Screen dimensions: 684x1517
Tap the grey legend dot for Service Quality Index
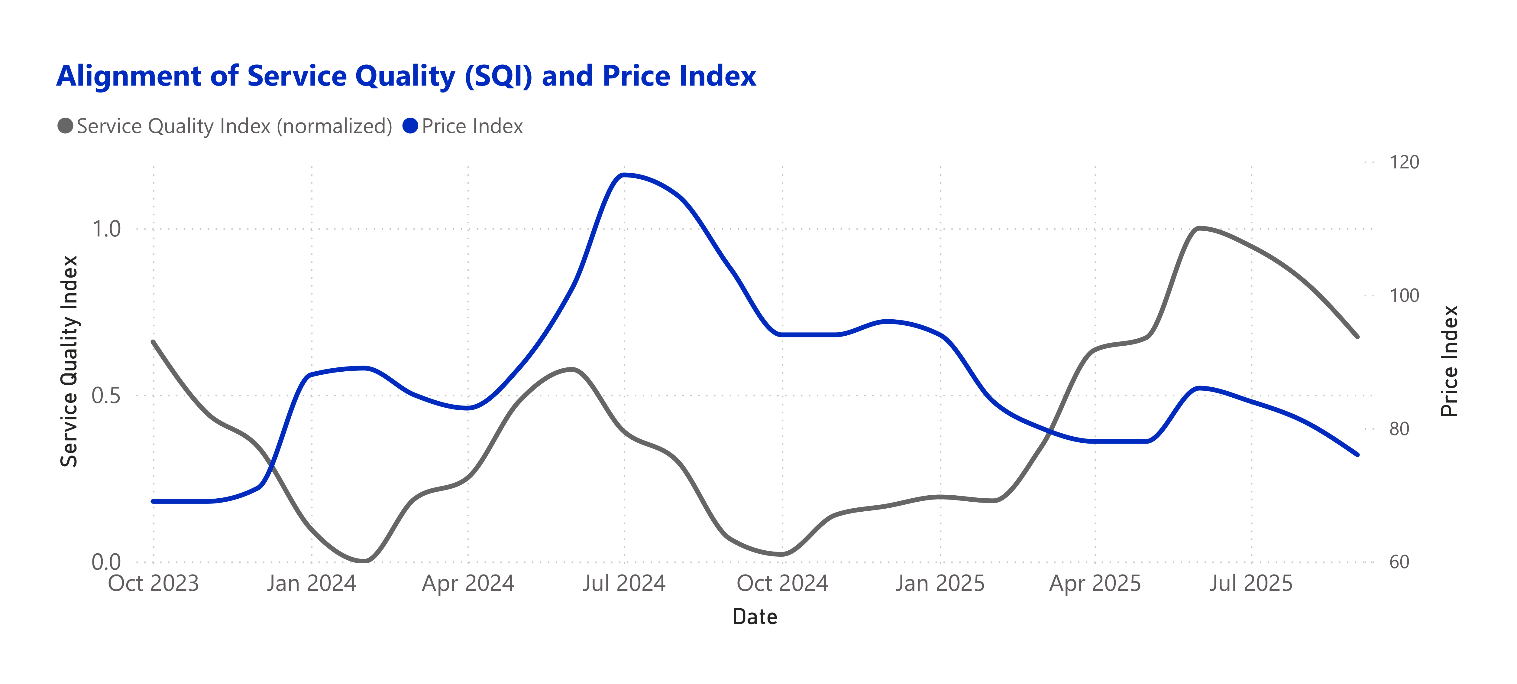coord(65,126)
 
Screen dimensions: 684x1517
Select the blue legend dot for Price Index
coord(410,126)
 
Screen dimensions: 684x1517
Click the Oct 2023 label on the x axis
coord(154,583)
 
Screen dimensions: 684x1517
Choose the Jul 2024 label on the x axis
coord(624,583)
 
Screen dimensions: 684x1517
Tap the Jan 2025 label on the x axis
coord(940,583)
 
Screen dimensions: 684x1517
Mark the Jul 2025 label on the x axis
coord(1251,583)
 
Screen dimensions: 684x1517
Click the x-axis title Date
coord(755,617)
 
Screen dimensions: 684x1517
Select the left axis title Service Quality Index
coord(70,361)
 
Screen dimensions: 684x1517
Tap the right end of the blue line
coord(1357,454)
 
